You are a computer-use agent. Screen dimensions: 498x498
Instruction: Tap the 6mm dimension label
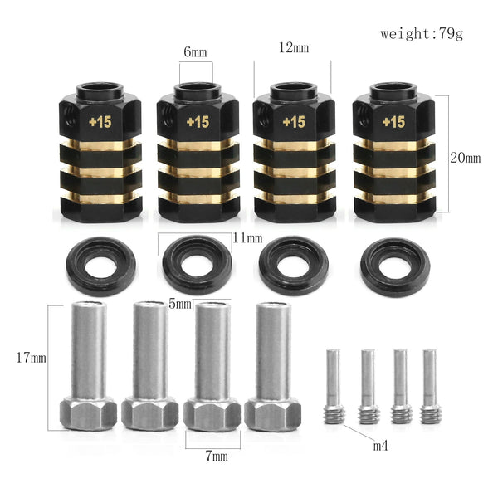(196, 51)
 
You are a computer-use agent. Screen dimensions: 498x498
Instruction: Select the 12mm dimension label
(293, 48)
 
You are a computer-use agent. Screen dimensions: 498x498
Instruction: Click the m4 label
(380, 446)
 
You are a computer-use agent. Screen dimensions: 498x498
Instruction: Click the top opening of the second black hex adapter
(198, 90)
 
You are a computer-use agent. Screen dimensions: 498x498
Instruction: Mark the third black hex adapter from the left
(293, 158)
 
